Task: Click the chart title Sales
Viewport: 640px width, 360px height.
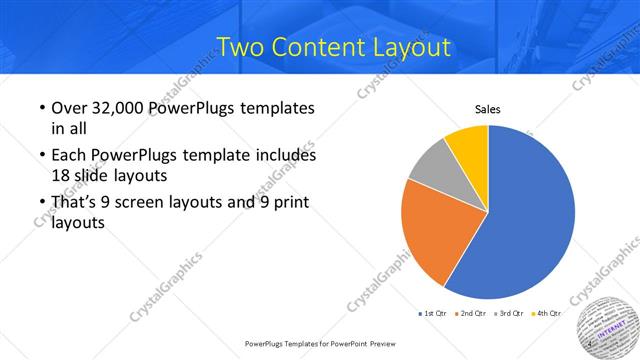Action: click(x=487, y=110)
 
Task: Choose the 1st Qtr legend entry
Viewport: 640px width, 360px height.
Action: click(x=432, y=313)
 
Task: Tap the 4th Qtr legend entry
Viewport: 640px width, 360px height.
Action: click(x=545, y=313)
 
